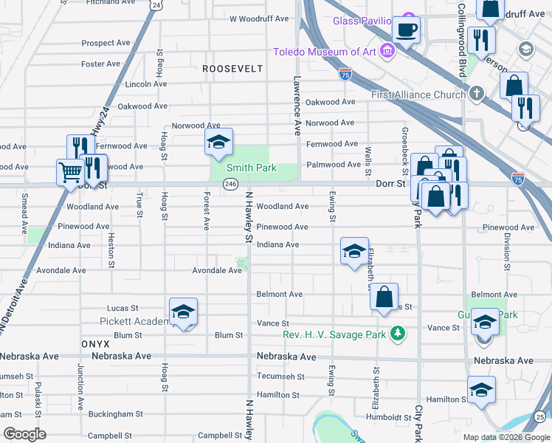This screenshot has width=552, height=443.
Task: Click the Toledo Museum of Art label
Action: point(325,52)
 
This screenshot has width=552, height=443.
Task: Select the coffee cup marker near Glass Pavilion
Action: point(405,31)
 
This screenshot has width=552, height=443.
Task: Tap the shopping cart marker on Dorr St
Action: point(70,173)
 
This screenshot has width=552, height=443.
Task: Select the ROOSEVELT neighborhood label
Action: point(233,68)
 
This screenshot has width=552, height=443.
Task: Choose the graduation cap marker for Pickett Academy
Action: point(183,312)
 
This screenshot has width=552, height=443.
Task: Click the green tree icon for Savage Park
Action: point(398,334)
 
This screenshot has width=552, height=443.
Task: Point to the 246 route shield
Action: point(231,184)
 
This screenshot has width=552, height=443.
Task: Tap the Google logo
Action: point(24,434)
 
